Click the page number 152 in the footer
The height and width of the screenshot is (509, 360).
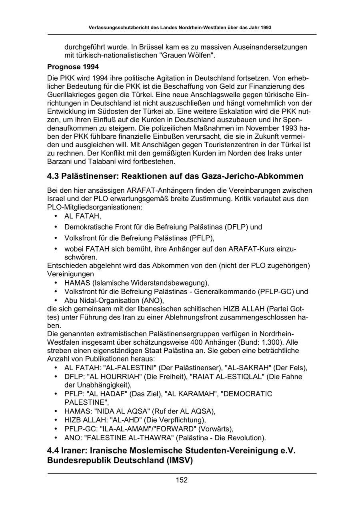click(182, 480)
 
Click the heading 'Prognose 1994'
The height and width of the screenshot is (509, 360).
click(73, 66)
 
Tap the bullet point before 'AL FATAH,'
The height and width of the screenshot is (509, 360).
click(55, 216)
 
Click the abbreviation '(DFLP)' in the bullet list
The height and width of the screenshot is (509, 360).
click(236, 227)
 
